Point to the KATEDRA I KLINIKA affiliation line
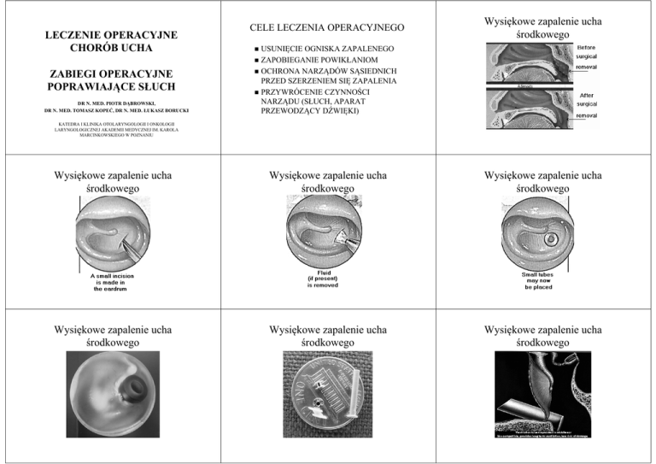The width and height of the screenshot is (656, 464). (x=108, y=128)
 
